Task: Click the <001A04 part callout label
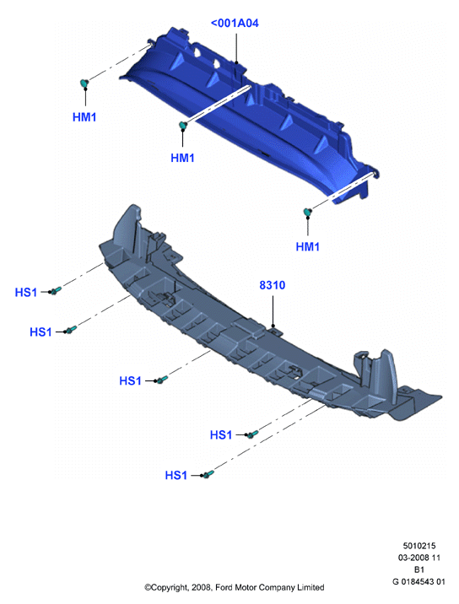click(x=235, y=23)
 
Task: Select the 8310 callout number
click(x=272, y=285)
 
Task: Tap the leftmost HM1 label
click(x=84, y=117)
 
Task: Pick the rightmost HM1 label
click(x=307, y=246)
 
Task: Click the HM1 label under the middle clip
click(x=182, y=158)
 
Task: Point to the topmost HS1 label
click(x=26, y=293)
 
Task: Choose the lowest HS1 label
click(x=175, y=475)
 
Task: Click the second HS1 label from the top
click(x=40, y=332)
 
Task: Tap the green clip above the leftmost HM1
click(x=84, y=83)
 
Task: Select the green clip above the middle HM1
click(x=183, y=125)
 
